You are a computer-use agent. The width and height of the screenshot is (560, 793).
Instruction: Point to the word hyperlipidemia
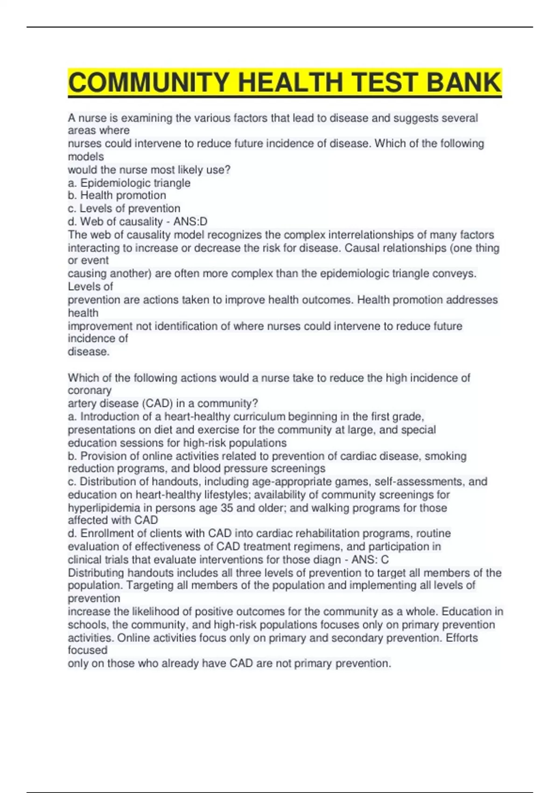[104, 508]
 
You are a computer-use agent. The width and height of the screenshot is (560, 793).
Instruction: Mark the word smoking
[446, 456]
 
